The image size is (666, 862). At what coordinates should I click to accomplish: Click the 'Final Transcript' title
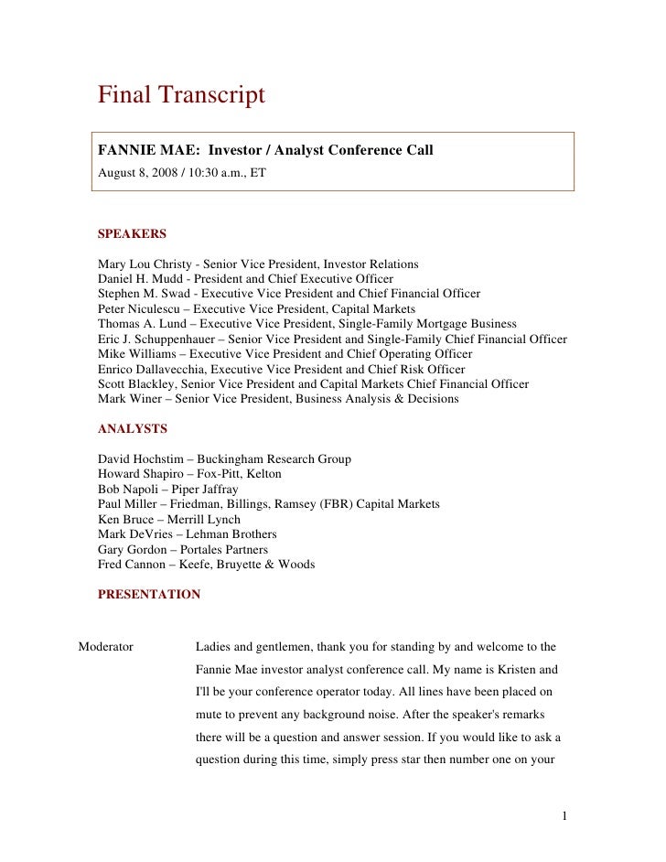click(181, 94)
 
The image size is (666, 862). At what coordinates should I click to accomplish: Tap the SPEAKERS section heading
click(132, 233)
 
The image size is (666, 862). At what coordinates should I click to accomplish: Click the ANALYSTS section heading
click(132, 427)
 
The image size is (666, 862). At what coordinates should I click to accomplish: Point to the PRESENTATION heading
click(149, 594)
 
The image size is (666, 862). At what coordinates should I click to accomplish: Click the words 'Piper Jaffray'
click(199, 489)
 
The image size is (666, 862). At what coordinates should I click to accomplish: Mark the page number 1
click(566, 814)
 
